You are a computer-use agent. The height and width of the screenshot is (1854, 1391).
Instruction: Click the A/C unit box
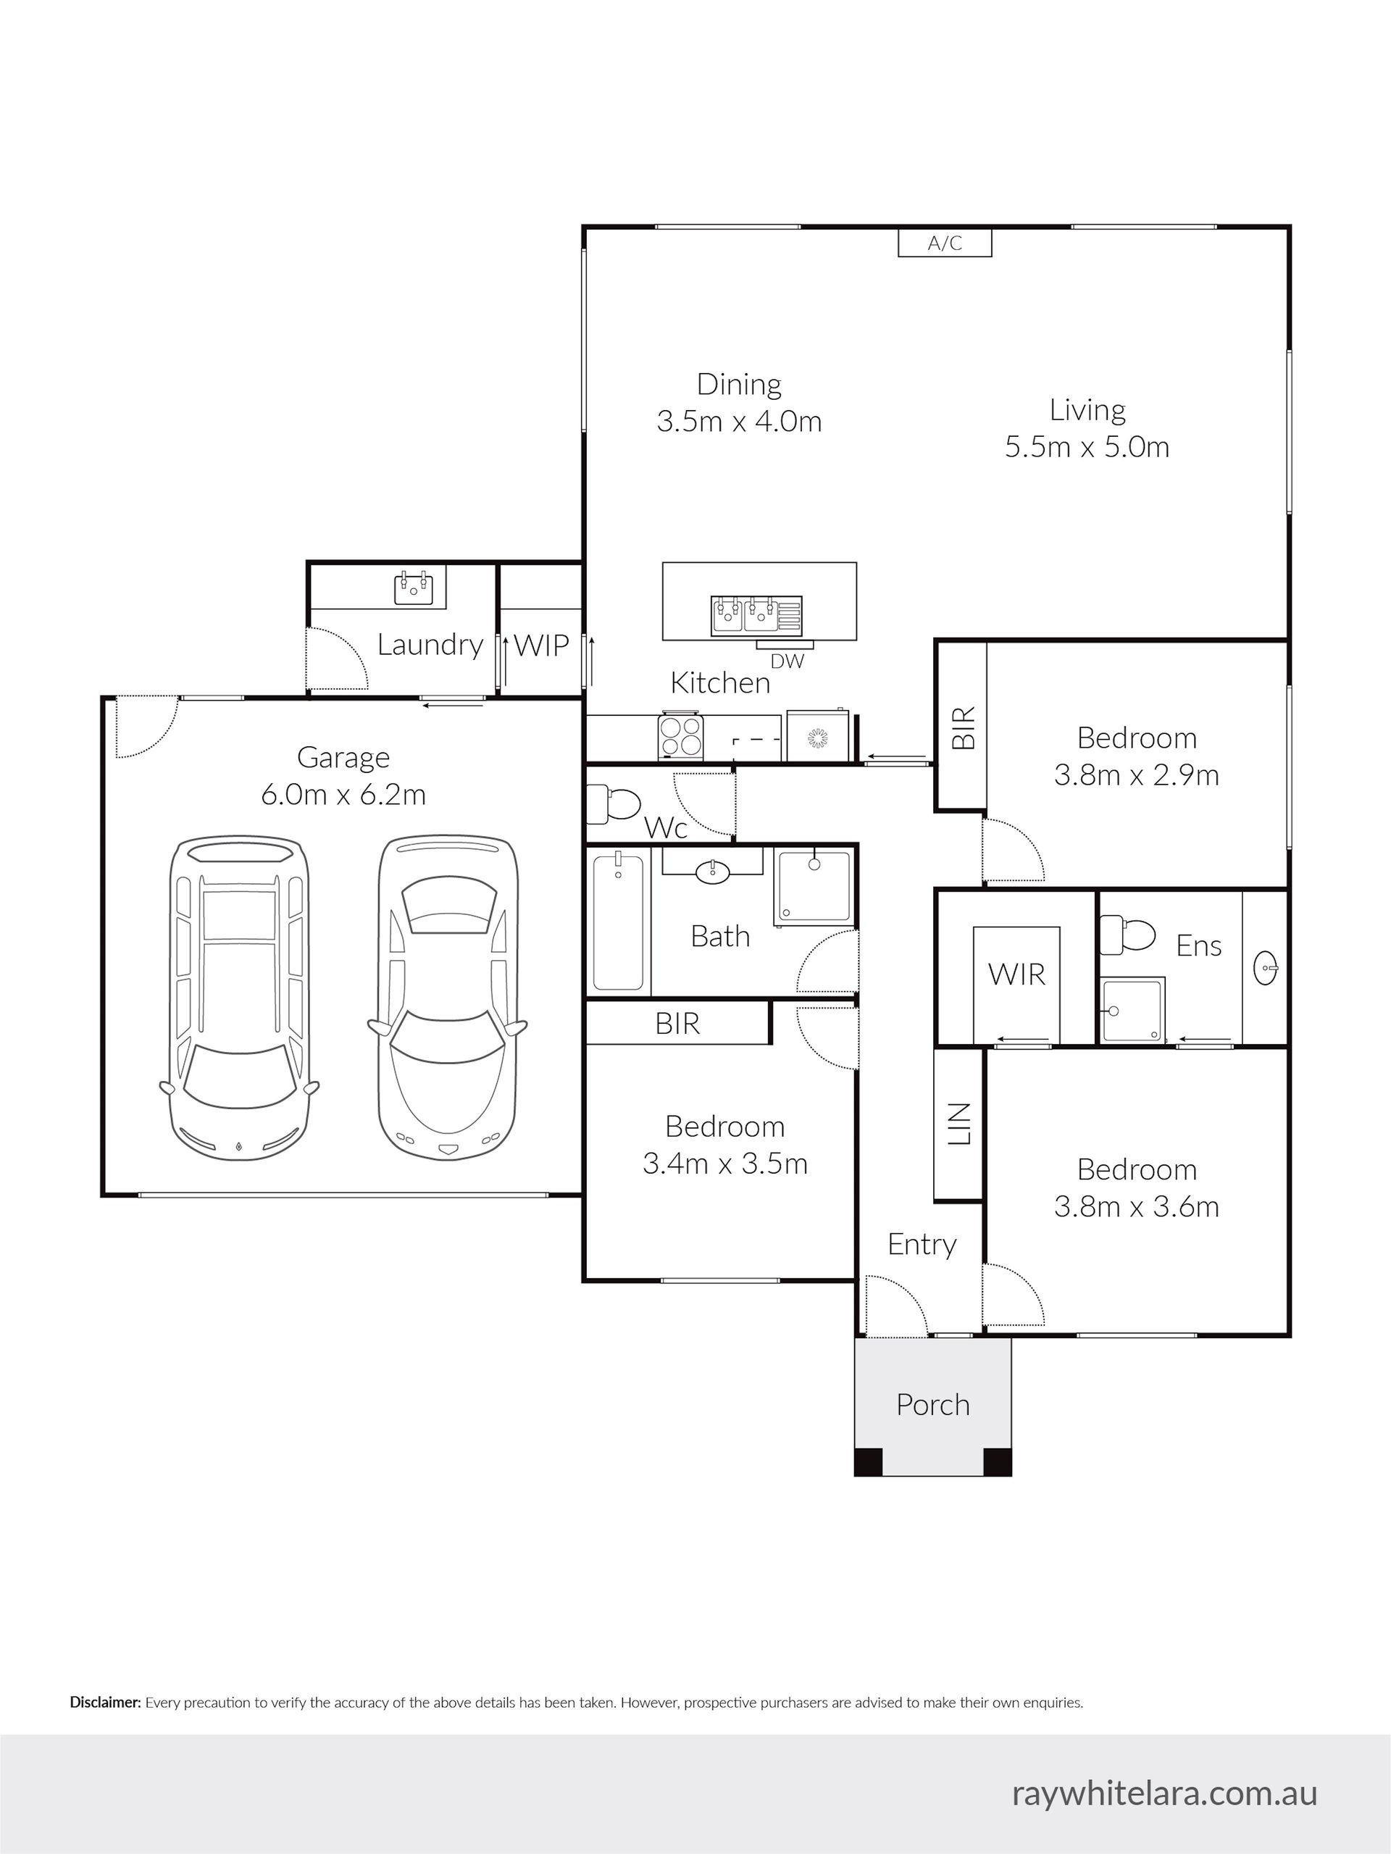coord(945,243)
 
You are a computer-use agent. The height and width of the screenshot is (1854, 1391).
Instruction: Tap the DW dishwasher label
coord(787,661)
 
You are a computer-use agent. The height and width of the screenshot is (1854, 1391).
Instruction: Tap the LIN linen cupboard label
coord(958,1123)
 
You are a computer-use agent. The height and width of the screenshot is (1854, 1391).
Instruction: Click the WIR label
coord(1016,974)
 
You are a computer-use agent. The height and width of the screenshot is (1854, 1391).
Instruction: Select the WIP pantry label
coord(541,645)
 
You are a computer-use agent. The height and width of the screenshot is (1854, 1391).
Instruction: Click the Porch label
coord(932,1404)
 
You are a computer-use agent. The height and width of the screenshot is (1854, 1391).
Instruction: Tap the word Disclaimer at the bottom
coord(106,1703)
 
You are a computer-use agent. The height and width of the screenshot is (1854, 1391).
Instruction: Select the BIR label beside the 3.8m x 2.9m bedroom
coord(964,727)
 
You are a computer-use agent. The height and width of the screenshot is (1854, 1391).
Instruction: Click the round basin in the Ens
coord(1266,969)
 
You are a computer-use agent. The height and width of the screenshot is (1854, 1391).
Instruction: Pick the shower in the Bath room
coord(814,886)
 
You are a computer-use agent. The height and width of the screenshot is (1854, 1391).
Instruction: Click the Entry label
coord(922,1245)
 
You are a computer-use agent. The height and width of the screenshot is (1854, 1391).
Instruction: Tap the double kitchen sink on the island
coord(744,614)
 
